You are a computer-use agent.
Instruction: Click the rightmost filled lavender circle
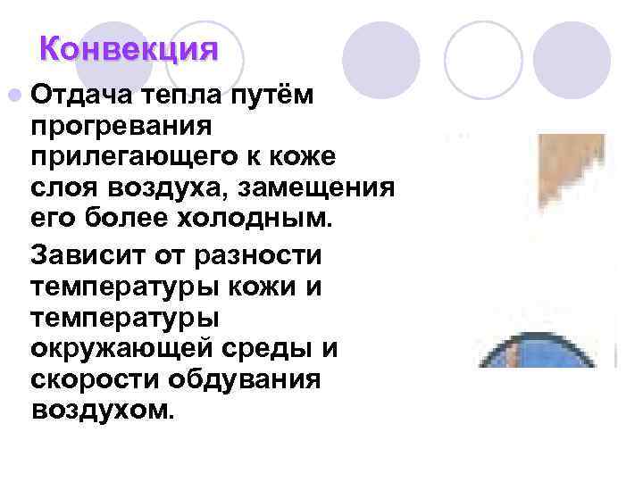click(571, 60)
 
